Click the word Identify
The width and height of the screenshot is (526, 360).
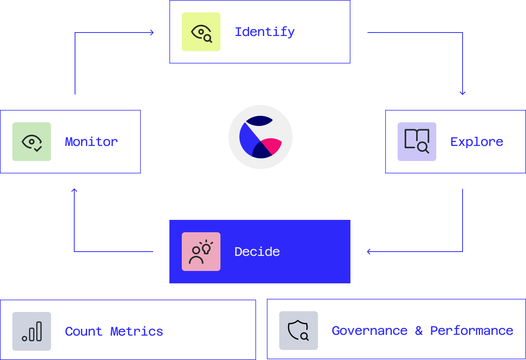(265, 32)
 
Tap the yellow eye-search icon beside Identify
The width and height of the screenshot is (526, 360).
(201, 32)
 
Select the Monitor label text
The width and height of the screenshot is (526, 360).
(91, 142)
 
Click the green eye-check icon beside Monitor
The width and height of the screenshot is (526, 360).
(32, 142)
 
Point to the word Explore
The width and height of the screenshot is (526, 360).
(476, 142)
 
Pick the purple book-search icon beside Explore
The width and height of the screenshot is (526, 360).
(417, 142)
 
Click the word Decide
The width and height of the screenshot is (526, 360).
(257, 252)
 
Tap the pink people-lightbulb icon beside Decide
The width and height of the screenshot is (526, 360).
(201, 252)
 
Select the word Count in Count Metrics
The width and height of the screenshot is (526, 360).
(84, 331)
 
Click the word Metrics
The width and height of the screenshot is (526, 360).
(137, 331)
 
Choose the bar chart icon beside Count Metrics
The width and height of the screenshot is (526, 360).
(32, 331)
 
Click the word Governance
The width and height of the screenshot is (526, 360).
(369, 331)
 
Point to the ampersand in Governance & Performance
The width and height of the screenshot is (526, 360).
(419, 331)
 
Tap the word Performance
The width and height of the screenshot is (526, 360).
(471, 331)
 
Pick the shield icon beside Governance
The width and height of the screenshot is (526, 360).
(299, 331)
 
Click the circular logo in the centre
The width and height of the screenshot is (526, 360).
(261, 137)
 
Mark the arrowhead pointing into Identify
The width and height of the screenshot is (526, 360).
(152, 33)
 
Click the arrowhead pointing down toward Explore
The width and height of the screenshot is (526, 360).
(463, 93)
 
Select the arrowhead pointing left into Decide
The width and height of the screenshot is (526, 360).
(369, 252)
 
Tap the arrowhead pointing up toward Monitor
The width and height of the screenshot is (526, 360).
(74, 190)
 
